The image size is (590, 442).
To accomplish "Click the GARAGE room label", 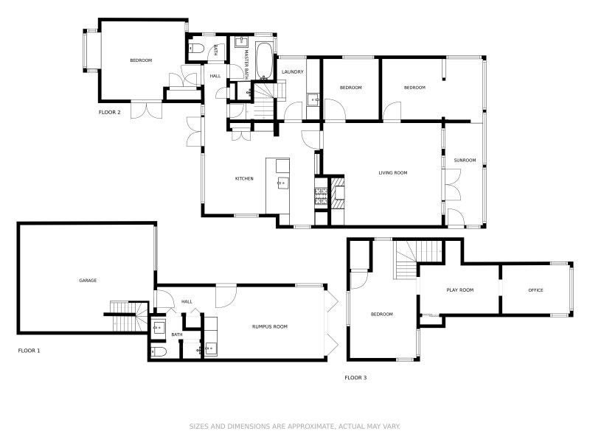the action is point(88,281).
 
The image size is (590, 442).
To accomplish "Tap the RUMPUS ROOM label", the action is point(270,326).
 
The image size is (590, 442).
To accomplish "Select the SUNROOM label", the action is point(465,160).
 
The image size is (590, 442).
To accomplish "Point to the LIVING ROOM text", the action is point(393,173).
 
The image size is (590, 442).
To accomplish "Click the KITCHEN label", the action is point(244,178).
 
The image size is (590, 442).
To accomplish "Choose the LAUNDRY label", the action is point(292,71).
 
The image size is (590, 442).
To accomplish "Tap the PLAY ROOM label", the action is point(459,290).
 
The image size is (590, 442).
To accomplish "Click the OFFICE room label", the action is point(535,290).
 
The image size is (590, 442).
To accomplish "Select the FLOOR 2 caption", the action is point(109,113).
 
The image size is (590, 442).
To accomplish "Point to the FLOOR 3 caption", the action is point(355,378).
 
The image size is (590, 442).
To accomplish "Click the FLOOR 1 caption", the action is point(29,351).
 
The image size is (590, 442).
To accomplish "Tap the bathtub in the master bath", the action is point(264,61).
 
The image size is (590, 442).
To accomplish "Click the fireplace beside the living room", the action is point(338,192).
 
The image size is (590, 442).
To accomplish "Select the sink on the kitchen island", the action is point(282,183).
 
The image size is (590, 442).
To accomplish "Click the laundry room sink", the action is point(313,100).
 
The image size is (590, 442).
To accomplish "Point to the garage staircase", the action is point(126,316).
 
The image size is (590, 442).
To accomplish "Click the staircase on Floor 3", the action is point(417,259).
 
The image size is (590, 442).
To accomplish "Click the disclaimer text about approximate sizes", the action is point(294,427).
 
